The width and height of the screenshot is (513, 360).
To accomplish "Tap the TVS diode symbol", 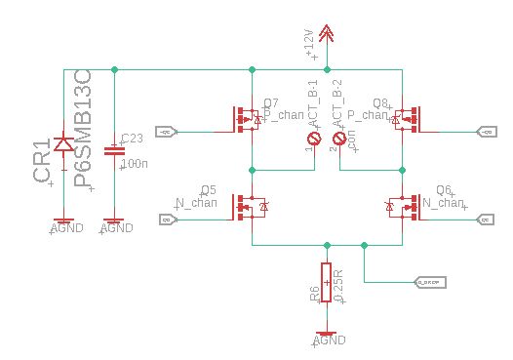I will [63, 145].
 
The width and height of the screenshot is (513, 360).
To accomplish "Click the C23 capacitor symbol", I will [114, 150].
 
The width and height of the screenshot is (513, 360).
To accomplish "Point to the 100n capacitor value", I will [133, 164].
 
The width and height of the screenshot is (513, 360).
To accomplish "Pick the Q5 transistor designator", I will [208, 189].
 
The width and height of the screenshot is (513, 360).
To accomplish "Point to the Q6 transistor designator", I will [444, 189].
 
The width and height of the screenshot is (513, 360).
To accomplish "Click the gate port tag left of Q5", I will [167, 220].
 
